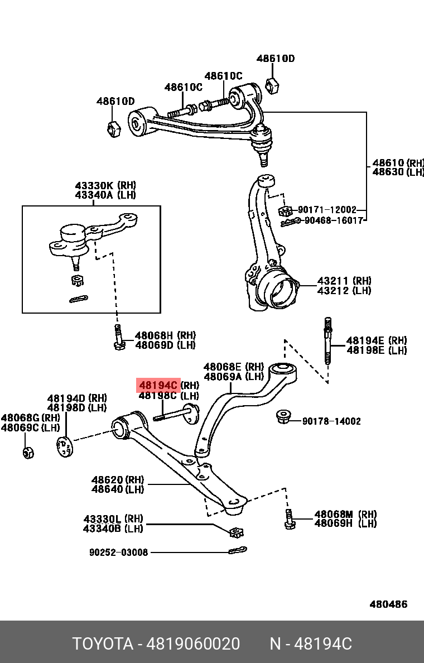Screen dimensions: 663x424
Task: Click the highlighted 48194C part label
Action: [158, 385]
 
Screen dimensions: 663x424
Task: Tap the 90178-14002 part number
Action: [331, 421]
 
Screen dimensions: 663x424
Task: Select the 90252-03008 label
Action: [119, 552]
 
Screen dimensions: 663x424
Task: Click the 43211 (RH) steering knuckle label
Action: [344, 281]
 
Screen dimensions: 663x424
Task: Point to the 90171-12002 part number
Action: [327, 210]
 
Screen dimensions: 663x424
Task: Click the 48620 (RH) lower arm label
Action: [118, 480]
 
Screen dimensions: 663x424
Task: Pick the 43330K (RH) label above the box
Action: [105, 185]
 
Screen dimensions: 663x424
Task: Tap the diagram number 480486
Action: [388, 604]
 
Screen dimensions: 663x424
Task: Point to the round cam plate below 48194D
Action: [65, 447]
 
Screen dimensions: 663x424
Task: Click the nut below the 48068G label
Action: [28, 451]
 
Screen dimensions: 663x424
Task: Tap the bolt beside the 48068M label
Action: [288, 519]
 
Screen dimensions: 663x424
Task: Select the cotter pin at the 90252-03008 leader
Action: [238, 551]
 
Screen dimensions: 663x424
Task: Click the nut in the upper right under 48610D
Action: [273, 85]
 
